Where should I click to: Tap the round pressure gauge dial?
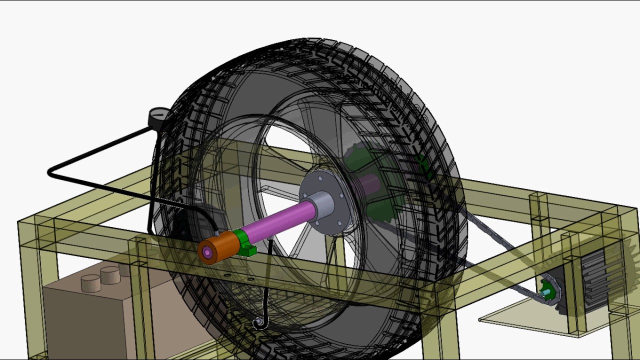(x=158, y=118)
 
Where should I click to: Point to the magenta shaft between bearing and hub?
(x=280, y=222)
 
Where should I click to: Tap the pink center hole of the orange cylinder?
(x=207, y=253)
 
